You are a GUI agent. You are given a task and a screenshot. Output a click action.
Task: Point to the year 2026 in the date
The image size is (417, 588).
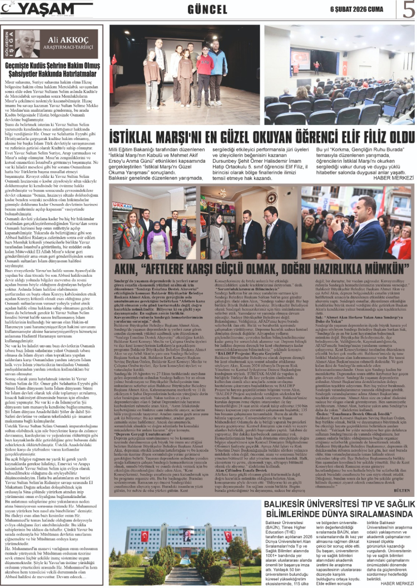[x=361, y=9]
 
